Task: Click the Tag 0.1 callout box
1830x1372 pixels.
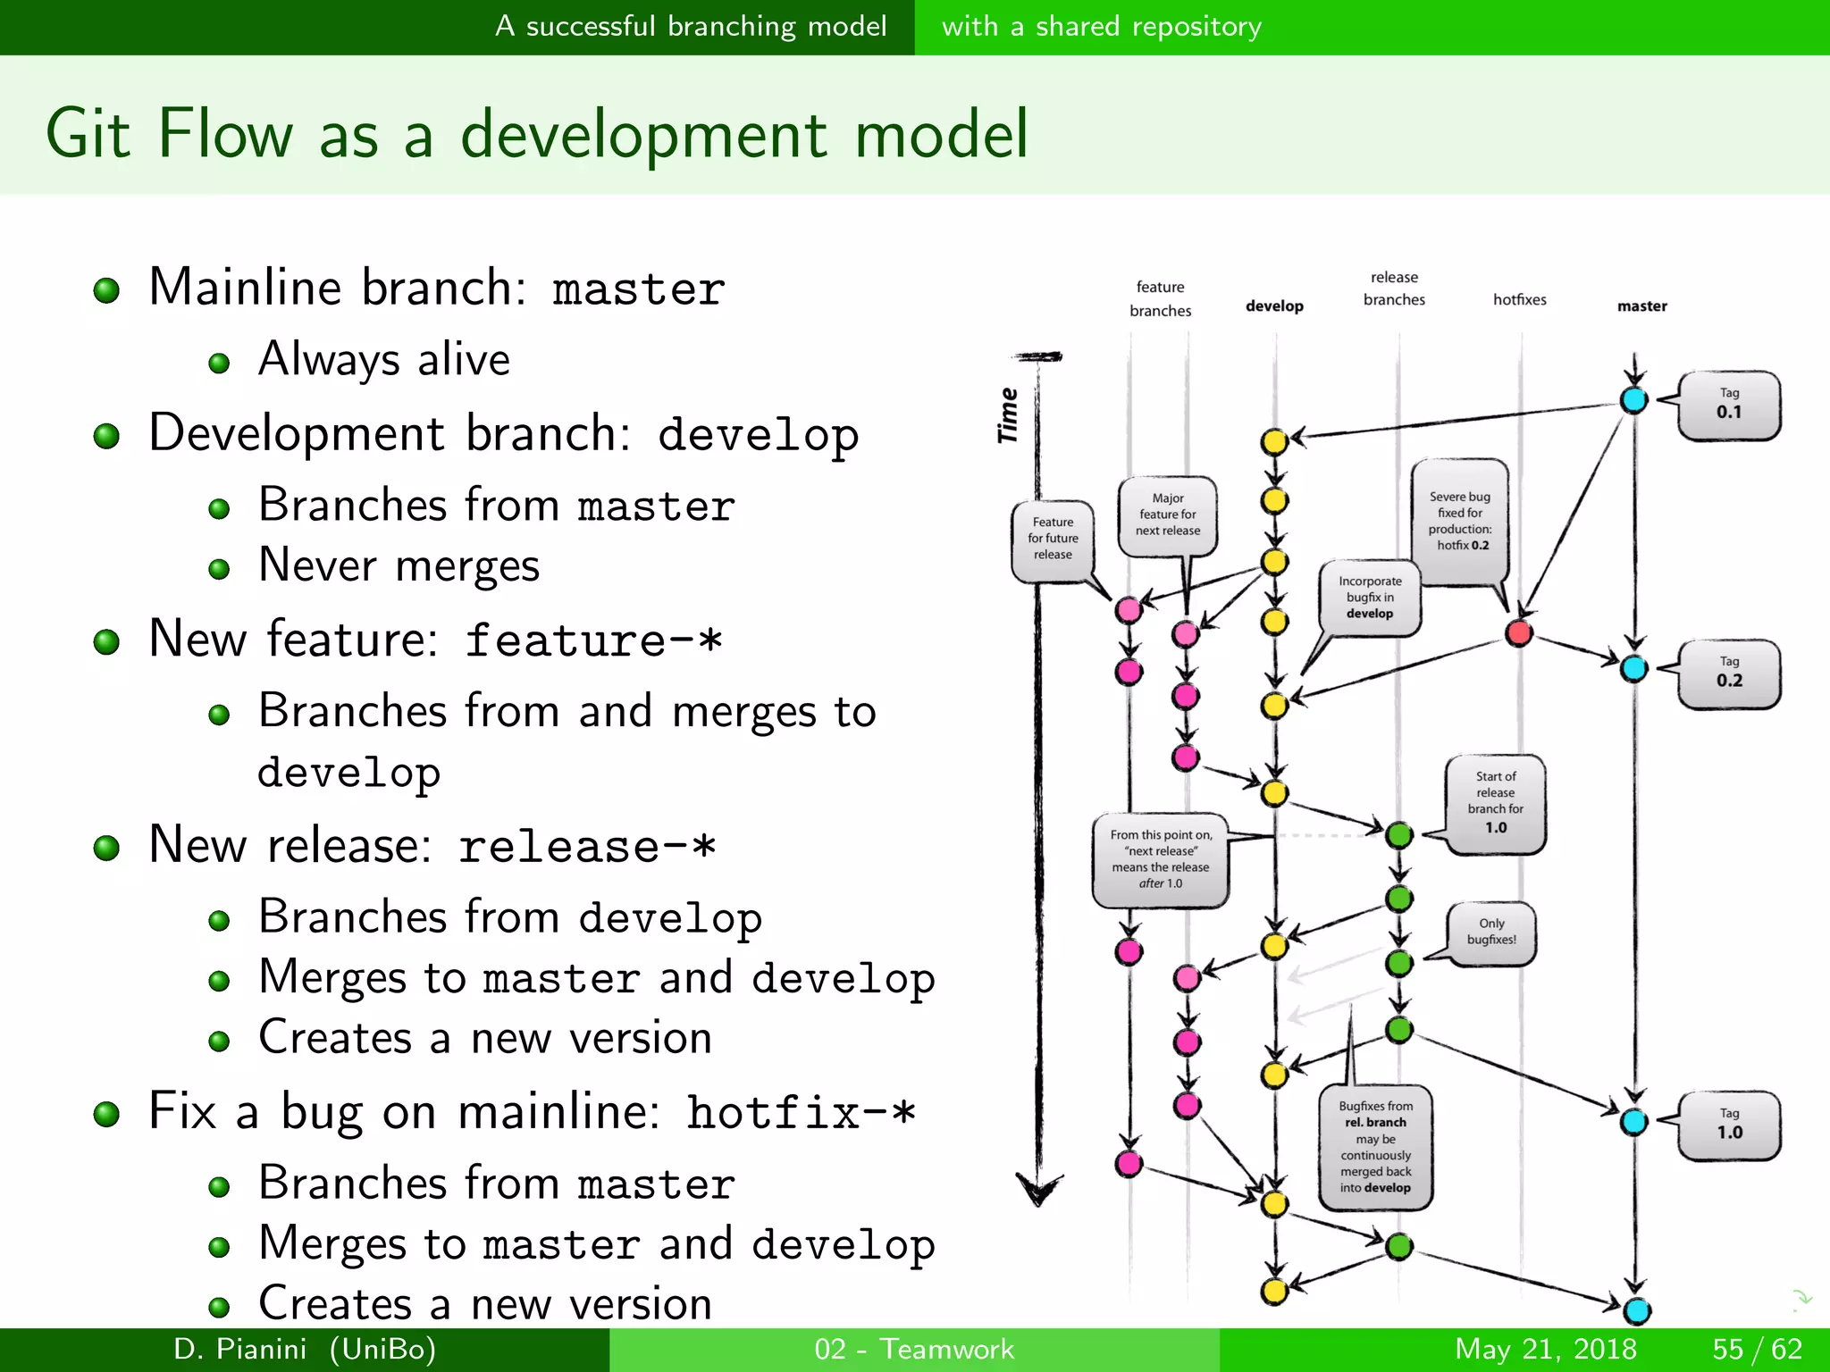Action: coord(1729,405)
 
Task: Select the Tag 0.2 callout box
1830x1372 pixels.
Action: coord(1729,673)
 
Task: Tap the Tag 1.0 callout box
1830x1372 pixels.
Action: coord(1729,1125)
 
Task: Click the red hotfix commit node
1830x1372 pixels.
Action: coord(1519,633)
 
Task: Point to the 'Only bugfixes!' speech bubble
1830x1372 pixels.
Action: coord(1491,932)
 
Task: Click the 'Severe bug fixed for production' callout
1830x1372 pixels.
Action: coord(1460,521)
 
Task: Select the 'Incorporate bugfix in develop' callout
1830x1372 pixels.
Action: coord(1370,597)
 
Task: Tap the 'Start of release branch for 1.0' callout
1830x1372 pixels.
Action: coord(1496,802)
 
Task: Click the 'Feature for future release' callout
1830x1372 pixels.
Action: coord(1053,538)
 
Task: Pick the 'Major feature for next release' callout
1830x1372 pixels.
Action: coord(1168,514)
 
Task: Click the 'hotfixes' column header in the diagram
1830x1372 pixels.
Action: coord(1519,300)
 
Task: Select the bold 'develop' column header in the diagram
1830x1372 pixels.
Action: coord(1274,306)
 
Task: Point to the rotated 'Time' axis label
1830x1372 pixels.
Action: coord(1008,415)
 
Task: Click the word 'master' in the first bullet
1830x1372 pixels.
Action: coord(638,289)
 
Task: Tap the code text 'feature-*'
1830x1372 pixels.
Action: coord(593,640)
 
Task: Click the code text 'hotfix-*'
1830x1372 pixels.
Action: coord(801,1113)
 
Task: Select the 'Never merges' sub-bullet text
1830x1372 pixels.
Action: coord(399,566)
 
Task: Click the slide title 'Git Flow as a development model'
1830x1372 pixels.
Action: coord(536,134)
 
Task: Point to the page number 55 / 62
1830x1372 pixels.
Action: coord(1757,1349)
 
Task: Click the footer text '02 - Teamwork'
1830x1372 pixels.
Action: coord(914,1349)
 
